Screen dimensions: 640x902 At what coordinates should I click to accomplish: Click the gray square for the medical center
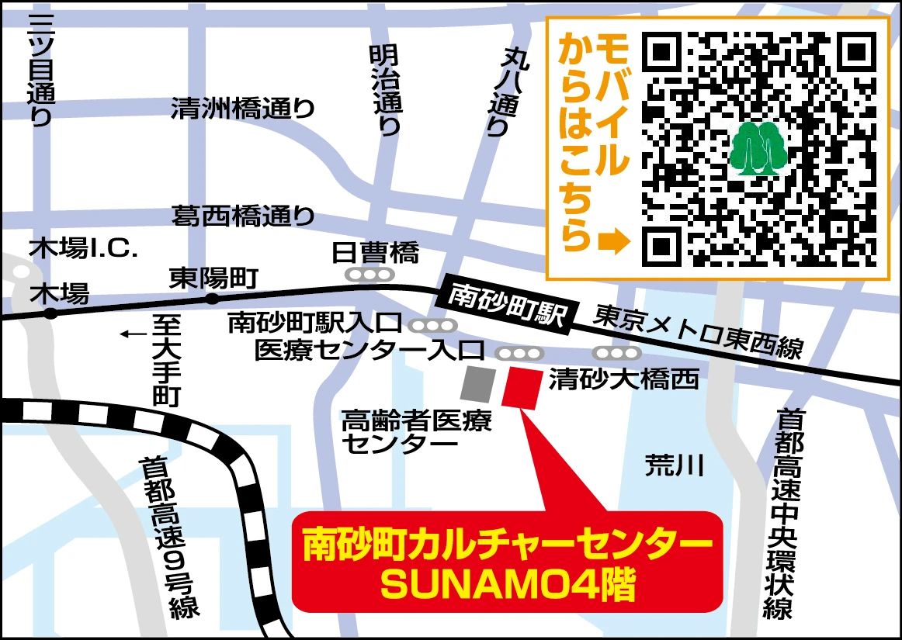pos(477,384)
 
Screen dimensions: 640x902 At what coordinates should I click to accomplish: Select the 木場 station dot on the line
pos(50,313)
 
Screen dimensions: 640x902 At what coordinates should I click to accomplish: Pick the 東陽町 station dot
pos(211,299)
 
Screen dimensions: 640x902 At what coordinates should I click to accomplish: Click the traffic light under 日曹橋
pos(370,274)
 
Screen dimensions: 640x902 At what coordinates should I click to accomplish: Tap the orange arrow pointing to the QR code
pos(612,243)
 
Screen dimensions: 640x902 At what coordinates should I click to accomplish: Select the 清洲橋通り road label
pos(243,109)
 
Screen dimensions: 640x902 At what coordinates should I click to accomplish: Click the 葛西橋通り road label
pos(243,216)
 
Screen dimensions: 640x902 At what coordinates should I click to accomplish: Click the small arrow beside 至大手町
pos(132,334)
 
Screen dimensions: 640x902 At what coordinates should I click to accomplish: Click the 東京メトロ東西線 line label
pos(699,331)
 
